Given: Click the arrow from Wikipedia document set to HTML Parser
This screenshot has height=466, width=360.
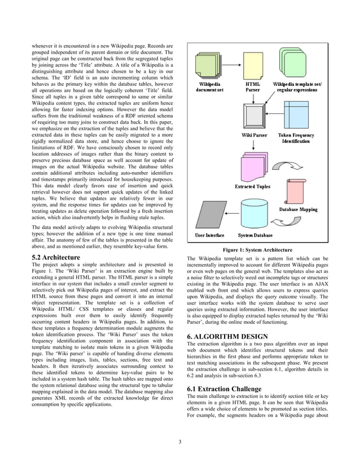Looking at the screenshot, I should pyautogui.click(x=232, y=66).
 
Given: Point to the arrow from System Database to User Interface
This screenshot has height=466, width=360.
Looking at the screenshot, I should pyautogui.click(x=231, y=214).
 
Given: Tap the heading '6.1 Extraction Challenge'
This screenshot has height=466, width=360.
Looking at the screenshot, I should pyautogui.click(x=224, y=389).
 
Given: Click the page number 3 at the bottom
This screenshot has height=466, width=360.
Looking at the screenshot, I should pyautogui.click(x=179, y=441).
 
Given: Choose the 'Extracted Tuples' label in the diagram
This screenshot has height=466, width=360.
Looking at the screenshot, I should pyautogui.click(x=252, y=186).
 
